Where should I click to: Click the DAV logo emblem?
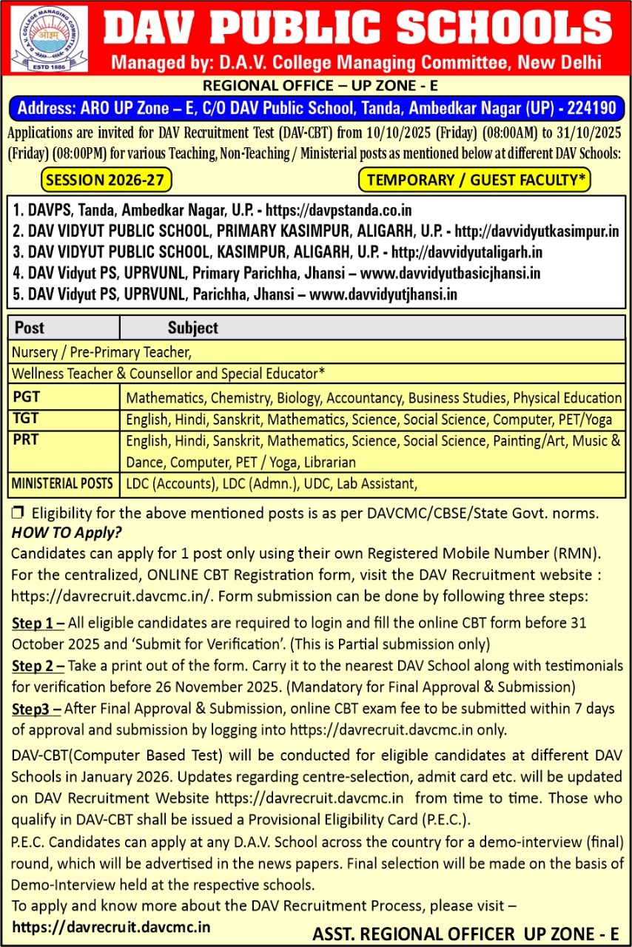pyautogui.click(x=50, y=38)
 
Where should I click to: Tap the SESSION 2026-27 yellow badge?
pyautogui.click(x=107, y=180)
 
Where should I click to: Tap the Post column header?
pyautogui.click(x=30, y=328)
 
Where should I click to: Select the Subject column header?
pyautogui.click(x=192, y=328)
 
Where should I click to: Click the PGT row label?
pyautogui.click(x=27, y=397)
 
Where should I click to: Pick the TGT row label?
pyautogui.click(x=26, y=418)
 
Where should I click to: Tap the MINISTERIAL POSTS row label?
pyautogui.click(x=62, y=484)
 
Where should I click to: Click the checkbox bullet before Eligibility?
pyautogui.click(x=19, y=513)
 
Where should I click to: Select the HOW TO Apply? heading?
pyautogui.click(x=67, y=533)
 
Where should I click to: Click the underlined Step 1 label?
pyautogui.click(x=37, y=624)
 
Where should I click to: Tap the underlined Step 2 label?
pyautogui.click(x=37, y=666)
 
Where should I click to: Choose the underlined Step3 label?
pyautogui.click(x=36, y=709)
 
